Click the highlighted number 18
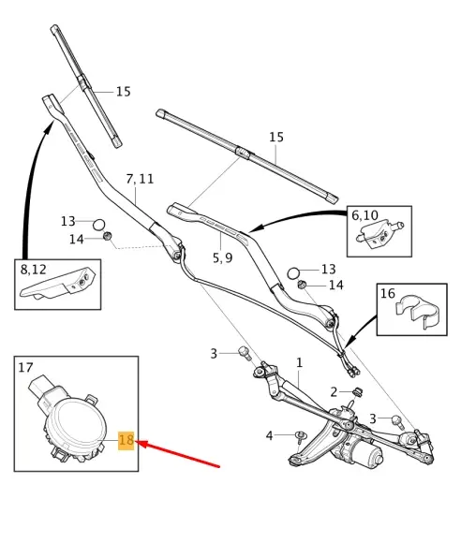(x=126, y=440)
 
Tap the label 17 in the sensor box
(x=25, y=367)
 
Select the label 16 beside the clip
(x=388, y=294)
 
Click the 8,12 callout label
(x=34, y=270)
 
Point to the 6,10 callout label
(x=364, y=215)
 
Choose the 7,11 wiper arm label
(x=140, y=179)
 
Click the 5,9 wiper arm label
(x=222, y=257)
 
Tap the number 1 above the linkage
(x=300, y=363)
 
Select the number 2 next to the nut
(x=334, y=392)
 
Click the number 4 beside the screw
(x=269, y=435)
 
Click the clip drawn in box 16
(x=417, y=311)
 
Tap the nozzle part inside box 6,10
(x=379, y=234)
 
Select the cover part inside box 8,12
(x=57, y=284)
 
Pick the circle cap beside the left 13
(x=98, y=225)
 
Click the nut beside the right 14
(x=302, y=285)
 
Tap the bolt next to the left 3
(x=245, y=354)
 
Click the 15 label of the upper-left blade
(x=124, y=92)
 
